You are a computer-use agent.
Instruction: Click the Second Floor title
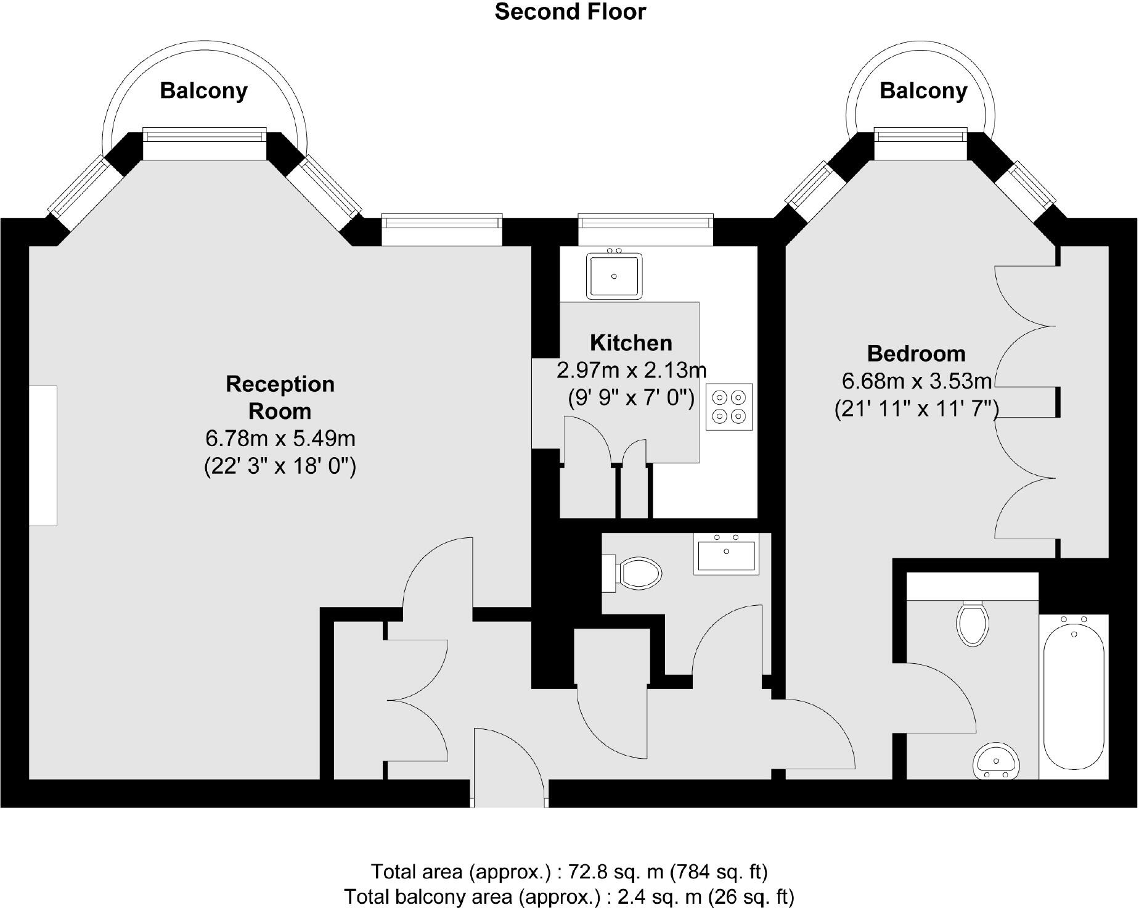pos(570,12)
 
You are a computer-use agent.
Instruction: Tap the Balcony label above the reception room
pos(203,91)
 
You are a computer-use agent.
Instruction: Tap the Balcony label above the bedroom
pos(923,91)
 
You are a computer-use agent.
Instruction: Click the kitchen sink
pos(614,276)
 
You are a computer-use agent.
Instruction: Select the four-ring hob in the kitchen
pos(729,407)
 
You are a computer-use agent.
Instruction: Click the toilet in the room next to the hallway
pos(640,572)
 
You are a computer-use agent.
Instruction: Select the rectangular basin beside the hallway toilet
pos(726,554)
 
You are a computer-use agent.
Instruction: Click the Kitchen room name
pos(631,342)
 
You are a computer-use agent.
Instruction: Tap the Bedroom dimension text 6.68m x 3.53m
pos(917,381)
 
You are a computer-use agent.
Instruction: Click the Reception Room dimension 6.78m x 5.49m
pos(280,439)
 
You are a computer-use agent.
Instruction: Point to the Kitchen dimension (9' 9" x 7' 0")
pos(631,398)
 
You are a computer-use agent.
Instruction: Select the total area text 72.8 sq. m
pos(569,872)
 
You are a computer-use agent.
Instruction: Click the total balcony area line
pos(569,896)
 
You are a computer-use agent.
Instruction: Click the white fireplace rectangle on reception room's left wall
pos(43,456)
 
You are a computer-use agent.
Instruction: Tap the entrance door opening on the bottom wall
pos(510,793)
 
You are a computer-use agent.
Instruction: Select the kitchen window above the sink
pos(645,228)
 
